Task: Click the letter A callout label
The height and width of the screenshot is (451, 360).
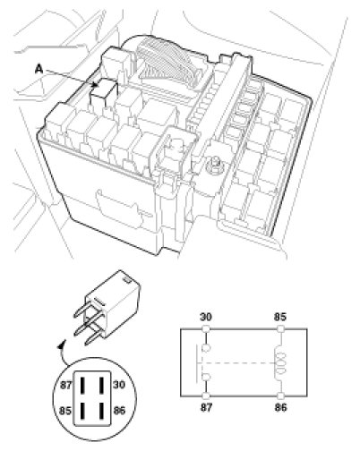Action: (39, 69)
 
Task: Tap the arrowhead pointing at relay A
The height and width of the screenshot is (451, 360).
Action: (96, 85)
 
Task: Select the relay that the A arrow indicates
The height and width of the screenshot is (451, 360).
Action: (104, 89)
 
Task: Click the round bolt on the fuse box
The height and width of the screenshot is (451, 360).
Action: (216, 163)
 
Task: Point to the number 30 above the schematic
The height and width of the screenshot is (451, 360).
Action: (206, 317)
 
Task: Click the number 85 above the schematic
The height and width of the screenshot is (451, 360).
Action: (280, 317)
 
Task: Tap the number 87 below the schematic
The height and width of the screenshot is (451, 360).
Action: (206, 407)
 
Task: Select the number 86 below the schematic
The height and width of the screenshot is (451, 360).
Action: (280, 407)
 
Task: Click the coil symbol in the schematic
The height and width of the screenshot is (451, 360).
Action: (280, 363)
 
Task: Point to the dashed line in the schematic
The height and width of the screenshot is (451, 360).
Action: (238, 363)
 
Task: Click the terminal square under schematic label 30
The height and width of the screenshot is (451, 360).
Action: (206, 329)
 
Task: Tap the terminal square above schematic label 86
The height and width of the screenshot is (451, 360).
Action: (280, 396)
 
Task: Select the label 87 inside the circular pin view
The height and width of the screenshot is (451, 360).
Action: (66, 385)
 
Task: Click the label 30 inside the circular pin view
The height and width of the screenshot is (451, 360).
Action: (119, 385)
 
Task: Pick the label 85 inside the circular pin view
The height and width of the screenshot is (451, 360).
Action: (65, 411)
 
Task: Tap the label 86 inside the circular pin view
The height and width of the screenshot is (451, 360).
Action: (119, 411)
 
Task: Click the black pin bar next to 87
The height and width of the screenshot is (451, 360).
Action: (82, 385)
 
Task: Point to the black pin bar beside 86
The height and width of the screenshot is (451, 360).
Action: (102, 411)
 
